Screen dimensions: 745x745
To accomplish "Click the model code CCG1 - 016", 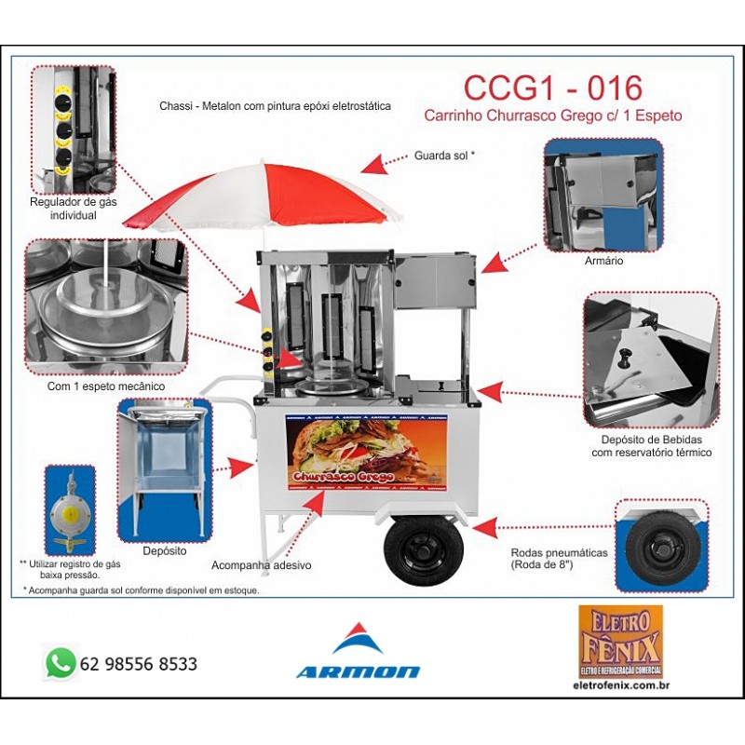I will click(x=552, y=88).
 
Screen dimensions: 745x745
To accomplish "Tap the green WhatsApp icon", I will click(x=61, y=663).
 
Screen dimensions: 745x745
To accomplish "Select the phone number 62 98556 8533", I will click(x=139, y=664).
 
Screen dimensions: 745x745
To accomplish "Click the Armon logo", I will click(x=358, y=652).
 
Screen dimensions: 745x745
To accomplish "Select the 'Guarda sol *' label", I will click(x=444, y=156).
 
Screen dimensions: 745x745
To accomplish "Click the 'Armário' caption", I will click(x=604, y=262).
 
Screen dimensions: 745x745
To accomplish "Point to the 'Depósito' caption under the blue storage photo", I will click(x=165, y=550).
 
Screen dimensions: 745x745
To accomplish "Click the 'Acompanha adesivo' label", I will click(x=261, y=565).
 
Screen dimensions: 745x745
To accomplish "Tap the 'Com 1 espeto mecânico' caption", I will click(x=105, y=385).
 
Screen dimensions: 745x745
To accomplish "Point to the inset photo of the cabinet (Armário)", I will click(x=603, y=195).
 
